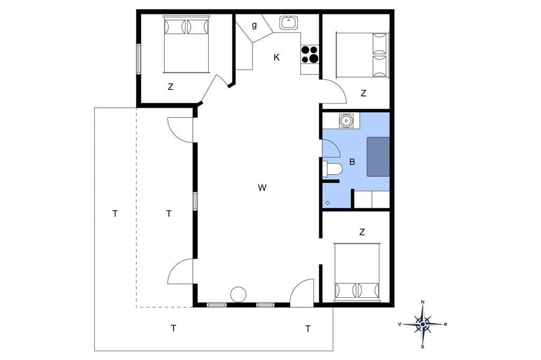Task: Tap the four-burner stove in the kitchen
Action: [x=310, y=54]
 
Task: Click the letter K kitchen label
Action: [x=276, y=58]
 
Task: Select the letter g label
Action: [x=254, y=25]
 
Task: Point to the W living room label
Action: [x=262, y=187]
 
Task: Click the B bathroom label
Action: [x=352, y=162]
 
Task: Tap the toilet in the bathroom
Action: [x=332, y=169]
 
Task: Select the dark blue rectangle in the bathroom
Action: [x=378, y=157]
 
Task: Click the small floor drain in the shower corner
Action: [x=328, y=203]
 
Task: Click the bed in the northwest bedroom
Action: [x=186, y=44]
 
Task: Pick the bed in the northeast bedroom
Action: [x=362, y=54]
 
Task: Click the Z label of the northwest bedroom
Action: [x=171, y=87]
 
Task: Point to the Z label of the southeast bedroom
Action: [x=361, y=232]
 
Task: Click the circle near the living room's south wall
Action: [x=238, y=295]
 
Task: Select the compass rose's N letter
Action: [x=423, y=302]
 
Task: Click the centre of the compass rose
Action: [x=423, y=324]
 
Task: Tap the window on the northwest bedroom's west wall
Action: [x=138, y=59]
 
